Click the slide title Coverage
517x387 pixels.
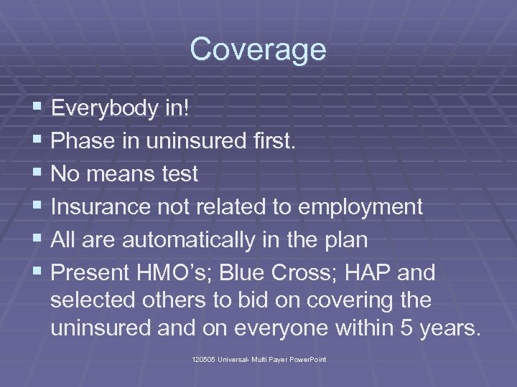pos(258,50)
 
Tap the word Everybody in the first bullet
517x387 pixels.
pos(97,108)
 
